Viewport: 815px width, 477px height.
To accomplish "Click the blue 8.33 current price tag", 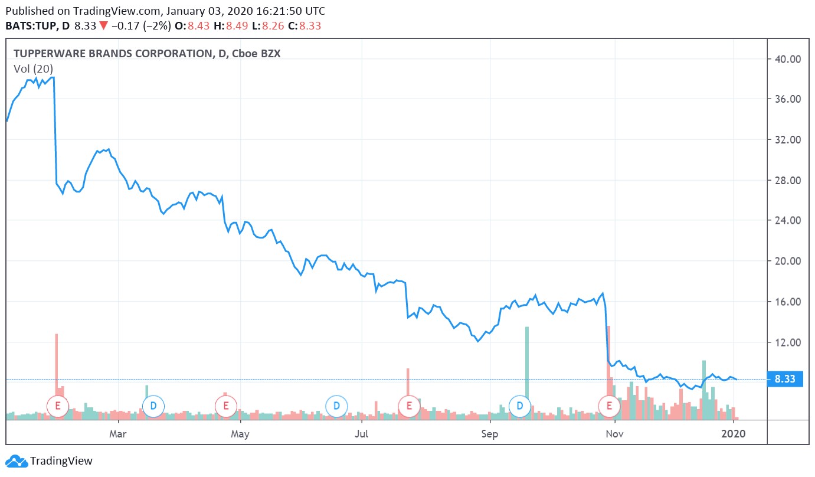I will (x=785, y=380).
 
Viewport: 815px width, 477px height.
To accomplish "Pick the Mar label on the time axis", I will (x=119, y=434).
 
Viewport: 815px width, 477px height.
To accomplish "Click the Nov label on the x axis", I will (x=615, y=434).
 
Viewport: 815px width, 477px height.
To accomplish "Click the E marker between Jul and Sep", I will (x=408, y=406).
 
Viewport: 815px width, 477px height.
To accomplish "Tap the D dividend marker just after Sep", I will (x=520, y=406).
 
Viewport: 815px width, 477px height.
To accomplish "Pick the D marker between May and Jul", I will (x=336, y=406).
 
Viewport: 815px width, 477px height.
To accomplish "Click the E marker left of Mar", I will (x=58, y=406).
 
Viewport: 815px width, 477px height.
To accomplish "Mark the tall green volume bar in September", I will (x=527, y=366).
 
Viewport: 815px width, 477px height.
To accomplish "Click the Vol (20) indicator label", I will (x=33, y=68).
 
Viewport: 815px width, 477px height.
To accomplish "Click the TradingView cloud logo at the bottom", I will (x=16, y=461).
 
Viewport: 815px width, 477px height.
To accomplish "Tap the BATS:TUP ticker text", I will (x=29, y=26).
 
